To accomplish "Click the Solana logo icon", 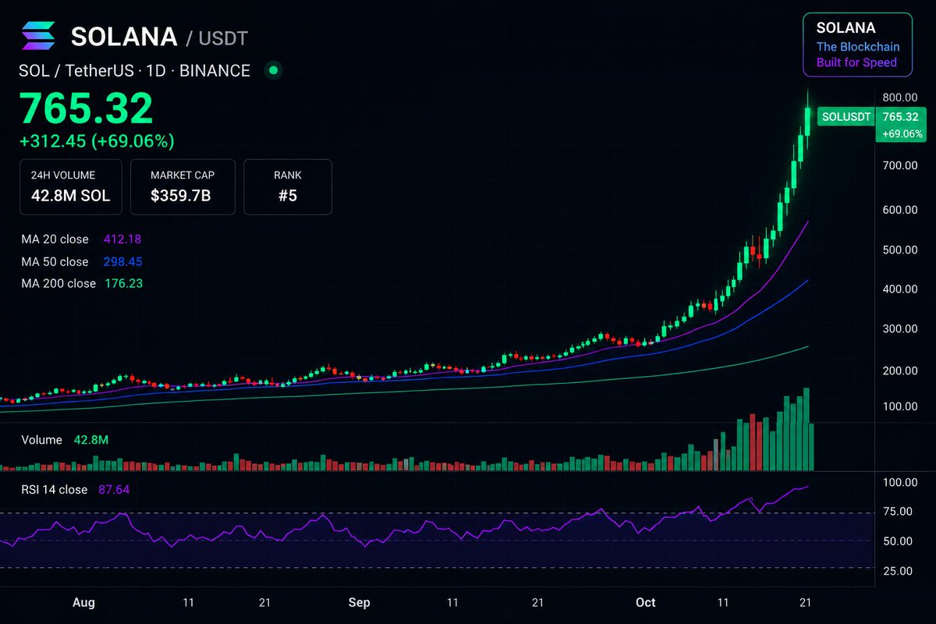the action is coord(38,36).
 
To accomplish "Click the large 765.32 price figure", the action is coord(86,108).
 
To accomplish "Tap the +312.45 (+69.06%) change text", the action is coord(97,141).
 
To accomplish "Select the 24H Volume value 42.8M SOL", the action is coord(71,196).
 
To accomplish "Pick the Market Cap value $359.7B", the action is coord(180,196).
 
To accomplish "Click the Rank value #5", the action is coord(288,196).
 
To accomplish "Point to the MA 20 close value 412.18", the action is coord(122,239).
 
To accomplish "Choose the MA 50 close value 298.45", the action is coord(123,261).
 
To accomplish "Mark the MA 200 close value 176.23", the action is coord(124,283).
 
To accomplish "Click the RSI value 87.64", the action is coord(114,489).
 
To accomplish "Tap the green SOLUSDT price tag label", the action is coord(846,116).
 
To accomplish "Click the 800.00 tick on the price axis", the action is coord(900,97).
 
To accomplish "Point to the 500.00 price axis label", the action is coord(900,250).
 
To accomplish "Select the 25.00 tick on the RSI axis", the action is coord(898,571).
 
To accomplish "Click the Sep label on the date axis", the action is coord(359,603).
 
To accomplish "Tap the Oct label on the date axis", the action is coord(645,602).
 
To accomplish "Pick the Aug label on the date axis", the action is coord(83,603).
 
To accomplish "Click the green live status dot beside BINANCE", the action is coord(274,70).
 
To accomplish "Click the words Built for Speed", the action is coord(856,62).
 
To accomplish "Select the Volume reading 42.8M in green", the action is coord(91,440).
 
